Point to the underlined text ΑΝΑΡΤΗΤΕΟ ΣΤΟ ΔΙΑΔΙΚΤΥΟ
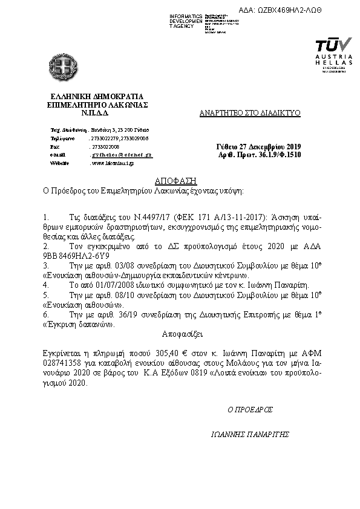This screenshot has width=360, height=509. (x=250, y=113)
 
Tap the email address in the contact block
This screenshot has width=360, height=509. (x=120, y=155)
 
